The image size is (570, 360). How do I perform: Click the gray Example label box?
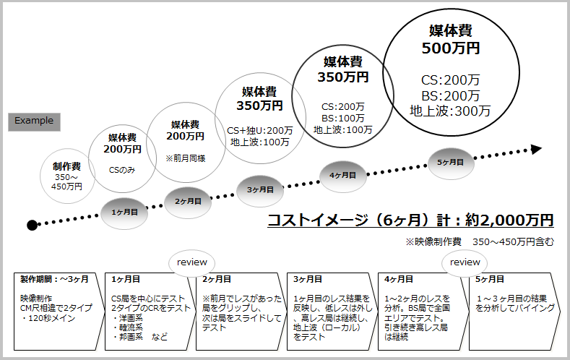34,121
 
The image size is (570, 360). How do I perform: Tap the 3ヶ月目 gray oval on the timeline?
260,189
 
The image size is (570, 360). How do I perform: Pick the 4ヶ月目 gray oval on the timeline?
342,175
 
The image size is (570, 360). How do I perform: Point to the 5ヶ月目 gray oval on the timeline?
451,161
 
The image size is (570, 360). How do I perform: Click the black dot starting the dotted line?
32,225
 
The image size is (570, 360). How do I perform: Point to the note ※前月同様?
186,158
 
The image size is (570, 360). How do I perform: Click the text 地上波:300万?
450,111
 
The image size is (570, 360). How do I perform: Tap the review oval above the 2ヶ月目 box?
191,262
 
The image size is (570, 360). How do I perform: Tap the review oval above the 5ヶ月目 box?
465,262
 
